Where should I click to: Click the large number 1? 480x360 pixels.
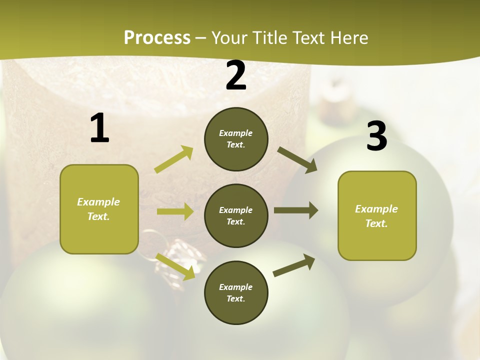[99, 128]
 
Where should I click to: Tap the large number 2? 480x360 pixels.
[236, 76]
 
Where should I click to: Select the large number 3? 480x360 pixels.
[376, 137]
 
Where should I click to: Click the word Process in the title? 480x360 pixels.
[157, 37]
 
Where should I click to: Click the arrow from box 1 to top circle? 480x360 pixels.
[174, 159]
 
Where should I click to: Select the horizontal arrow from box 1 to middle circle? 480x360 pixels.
[175, 211]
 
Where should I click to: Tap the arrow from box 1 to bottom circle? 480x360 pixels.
[175, 266]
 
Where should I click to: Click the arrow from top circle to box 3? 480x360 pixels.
[297, 160]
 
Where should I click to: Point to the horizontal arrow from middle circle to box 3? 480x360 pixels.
[295, 210]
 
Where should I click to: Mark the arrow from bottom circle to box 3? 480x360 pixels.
[294, 265]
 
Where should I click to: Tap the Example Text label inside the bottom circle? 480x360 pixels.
[235, 292]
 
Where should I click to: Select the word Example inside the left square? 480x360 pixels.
[98, 202]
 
